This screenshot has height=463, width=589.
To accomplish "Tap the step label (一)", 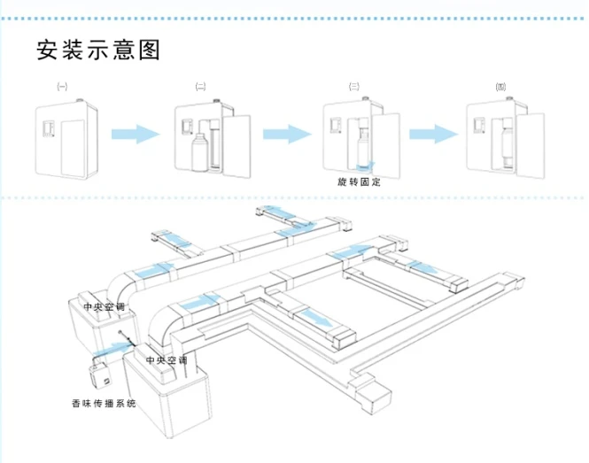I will [60, 87].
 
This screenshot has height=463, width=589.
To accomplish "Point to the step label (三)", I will [353, 87].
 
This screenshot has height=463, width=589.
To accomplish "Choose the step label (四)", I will [500, 87].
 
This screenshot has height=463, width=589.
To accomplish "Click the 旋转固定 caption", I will [359, 181].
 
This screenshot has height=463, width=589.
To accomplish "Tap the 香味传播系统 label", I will [105, 404].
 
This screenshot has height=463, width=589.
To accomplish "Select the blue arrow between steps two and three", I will [287, 133].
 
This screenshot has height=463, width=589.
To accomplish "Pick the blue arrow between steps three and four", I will [434, 134].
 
